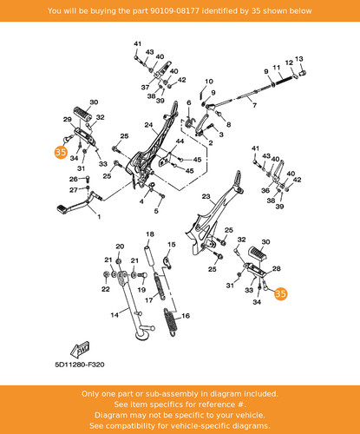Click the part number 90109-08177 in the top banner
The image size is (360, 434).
174,11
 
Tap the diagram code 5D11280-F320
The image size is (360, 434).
80,365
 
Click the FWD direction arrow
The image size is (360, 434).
80,350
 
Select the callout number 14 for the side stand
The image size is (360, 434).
115,314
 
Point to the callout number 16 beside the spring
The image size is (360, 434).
186,316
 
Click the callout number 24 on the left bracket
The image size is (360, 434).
148,125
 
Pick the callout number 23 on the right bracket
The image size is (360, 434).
206,196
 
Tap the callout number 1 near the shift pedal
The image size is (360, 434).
99,216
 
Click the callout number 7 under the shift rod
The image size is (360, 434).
254,105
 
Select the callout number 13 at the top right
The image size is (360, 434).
299,59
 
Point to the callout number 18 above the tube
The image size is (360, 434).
150,234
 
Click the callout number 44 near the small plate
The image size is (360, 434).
180,141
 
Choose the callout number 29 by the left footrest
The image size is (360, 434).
68,119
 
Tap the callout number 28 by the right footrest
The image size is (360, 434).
277,268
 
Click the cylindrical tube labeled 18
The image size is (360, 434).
149,255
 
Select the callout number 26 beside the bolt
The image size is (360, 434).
74,179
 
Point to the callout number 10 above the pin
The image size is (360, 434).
209,82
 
